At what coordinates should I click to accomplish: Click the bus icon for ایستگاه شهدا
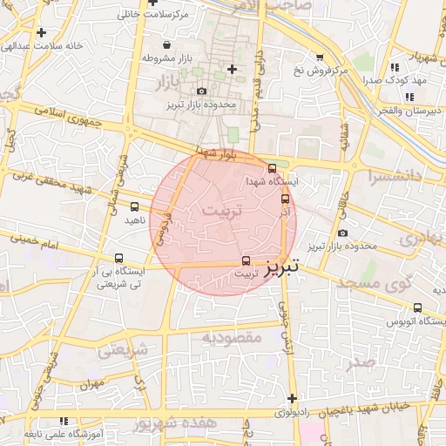273,168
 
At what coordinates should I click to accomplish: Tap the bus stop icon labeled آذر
285,199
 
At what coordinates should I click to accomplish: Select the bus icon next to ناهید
134,206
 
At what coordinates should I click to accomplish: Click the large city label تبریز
282,264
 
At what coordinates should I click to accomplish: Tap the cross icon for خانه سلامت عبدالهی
41,32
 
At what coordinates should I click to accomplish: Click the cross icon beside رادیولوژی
292,398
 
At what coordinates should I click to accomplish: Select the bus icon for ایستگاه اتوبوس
417,307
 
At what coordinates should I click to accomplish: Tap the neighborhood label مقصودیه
232,336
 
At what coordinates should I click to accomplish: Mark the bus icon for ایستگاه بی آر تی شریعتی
119,258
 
